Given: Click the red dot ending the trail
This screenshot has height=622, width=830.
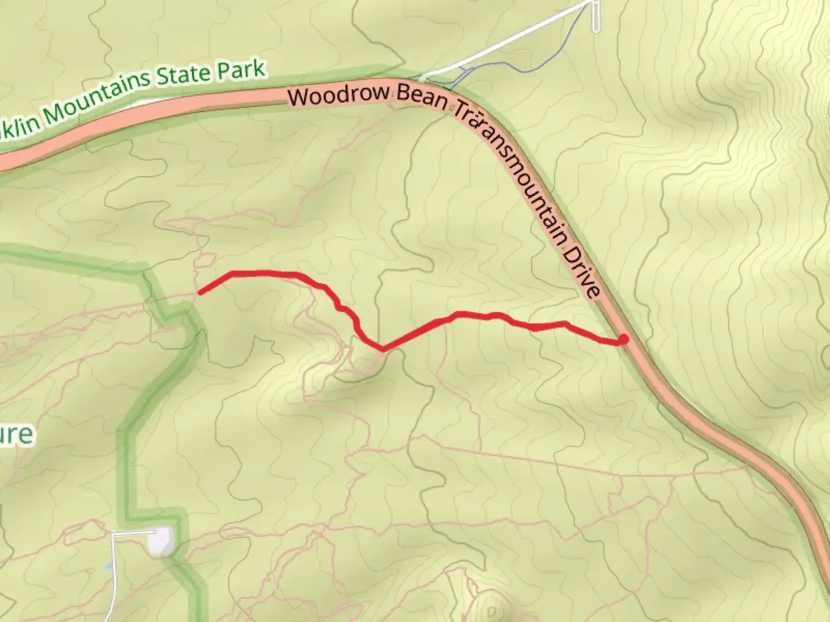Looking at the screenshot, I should [623, 340].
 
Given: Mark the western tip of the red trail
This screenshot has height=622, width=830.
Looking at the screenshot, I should [200, 293].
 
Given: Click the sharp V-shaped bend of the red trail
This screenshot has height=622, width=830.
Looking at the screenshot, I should [382, 348].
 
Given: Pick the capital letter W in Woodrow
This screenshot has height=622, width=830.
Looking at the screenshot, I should [300, 96].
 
